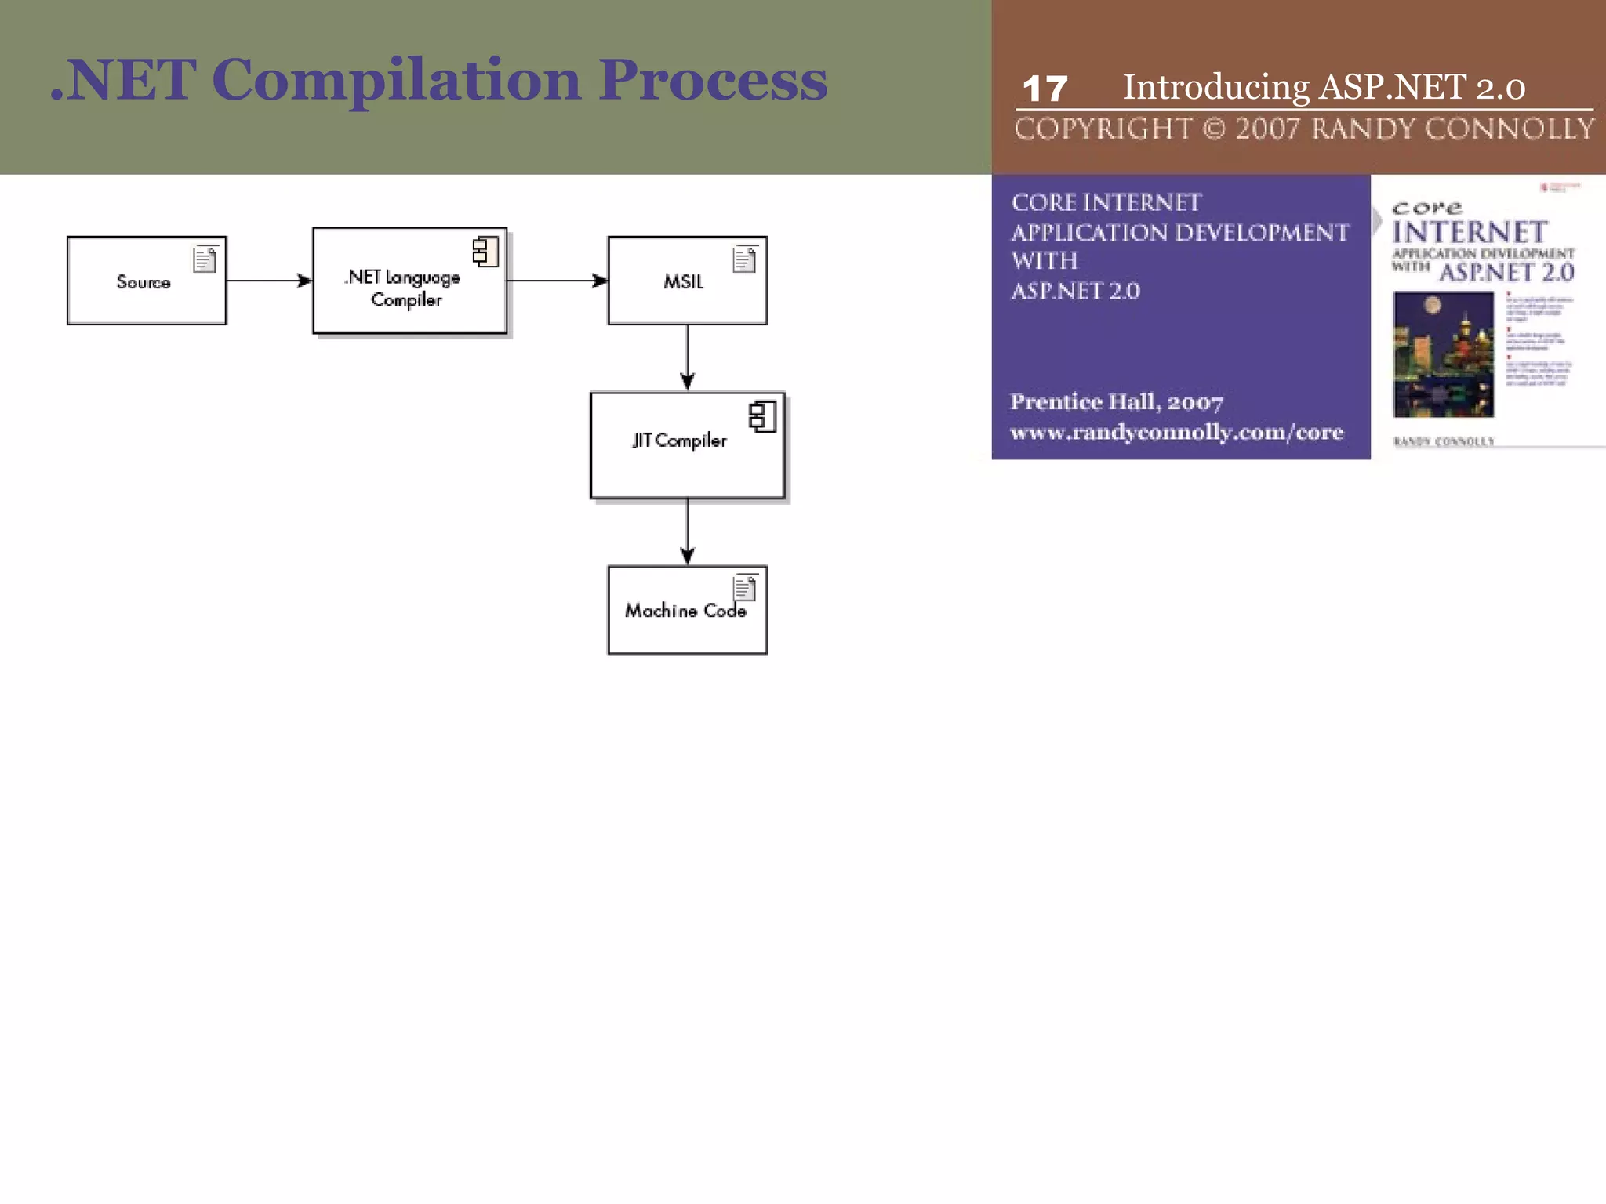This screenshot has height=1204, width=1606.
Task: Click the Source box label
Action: [144, 282]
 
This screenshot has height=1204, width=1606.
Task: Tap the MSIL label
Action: [683, 282]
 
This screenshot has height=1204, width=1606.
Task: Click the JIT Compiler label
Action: [679, 441]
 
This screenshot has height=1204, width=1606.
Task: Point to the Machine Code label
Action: [685, 611]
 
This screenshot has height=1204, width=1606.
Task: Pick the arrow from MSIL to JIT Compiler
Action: [688, 357]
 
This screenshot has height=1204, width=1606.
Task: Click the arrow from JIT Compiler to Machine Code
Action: [688, 531]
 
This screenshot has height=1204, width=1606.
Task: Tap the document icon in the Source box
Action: [205, 259]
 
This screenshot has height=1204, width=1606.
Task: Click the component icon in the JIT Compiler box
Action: [762, 416]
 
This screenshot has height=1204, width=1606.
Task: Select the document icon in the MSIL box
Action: [744, 259]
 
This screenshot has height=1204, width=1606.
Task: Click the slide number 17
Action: [1045, 89]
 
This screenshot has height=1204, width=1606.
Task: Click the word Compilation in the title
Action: [396, 80]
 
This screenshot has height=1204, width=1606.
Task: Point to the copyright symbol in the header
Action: [1214, 129]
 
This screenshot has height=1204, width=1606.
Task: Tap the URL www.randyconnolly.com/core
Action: [1176, 432]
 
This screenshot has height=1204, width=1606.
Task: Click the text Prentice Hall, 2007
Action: [1116, 402]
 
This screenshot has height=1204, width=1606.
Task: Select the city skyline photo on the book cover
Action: [1443, 354]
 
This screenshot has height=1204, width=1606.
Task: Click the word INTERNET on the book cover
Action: [1470, 232]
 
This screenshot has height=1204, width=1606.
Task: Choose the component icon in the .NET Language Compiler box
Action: [485, 252]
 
